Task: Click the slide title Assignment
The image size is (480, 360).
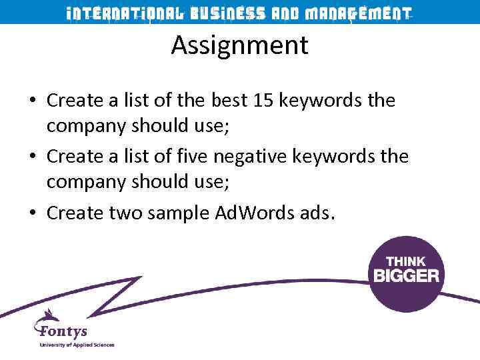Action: (x=239, y=46)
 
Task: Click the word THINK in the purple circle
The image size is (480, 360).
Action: (x=406, y=260)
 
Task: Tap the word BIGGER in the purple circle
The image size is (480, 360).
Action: (x=406, y=275)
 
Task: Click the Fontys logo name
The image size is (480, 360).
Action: (x=63, y=331)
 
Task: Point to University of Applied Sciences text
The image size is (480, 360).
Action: (x=77, y=345)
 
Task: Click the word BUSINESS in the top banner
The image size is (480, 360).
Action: (x=227, y=13)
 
